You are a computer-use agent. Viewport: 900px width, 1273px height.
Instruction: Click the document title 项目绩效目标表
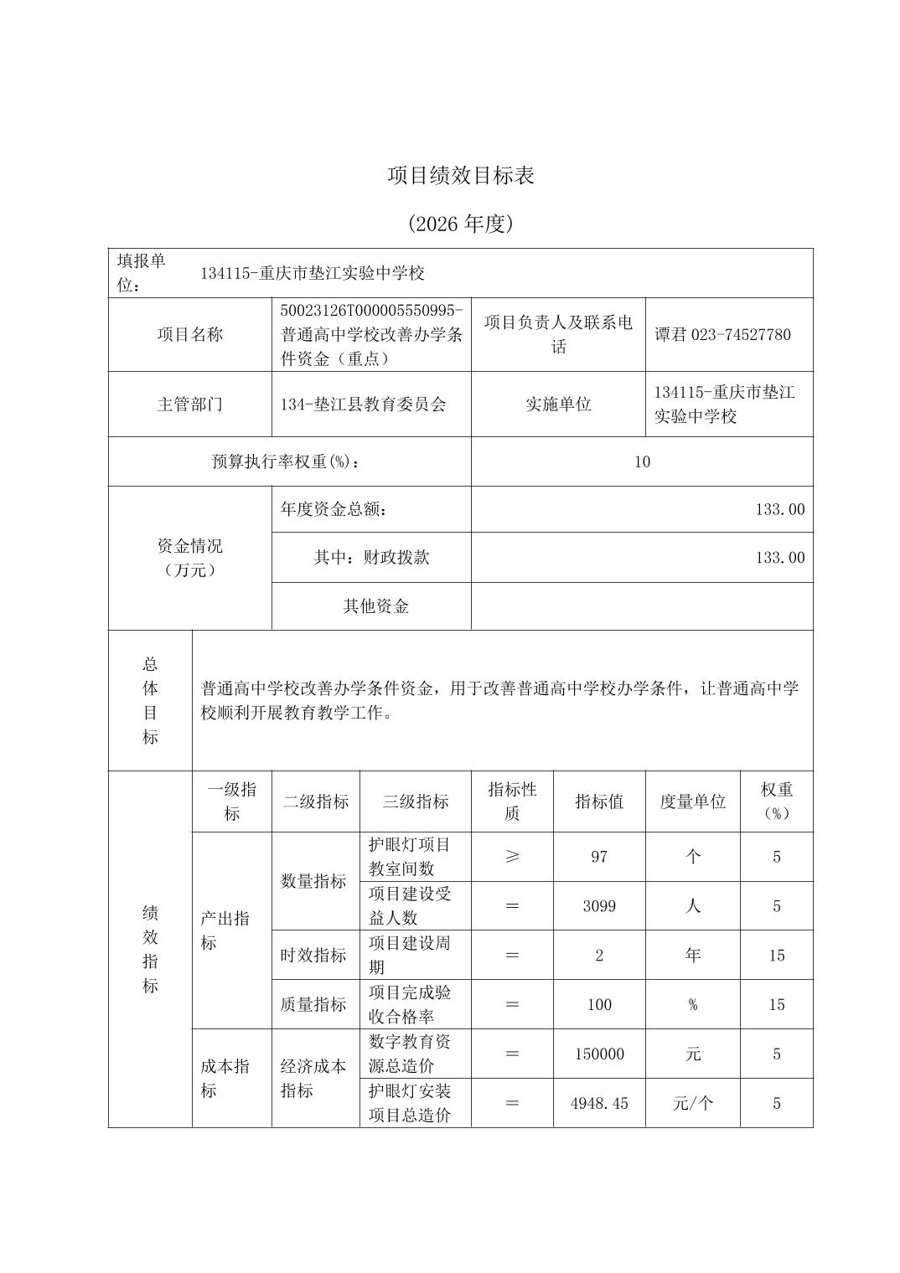click(460, 176)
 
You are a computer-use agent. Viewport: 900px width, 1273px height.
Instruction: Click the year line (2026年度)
click(460, 224)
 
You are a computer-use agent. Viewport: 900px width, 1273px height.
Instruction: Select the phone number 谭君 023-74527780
click(722, 335)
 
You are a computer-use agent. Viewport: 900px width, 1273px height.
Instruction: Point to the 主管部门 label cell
click(190, 405)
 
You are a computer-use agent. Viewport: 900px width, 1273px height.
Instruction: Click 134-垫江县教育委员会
click(364, 405)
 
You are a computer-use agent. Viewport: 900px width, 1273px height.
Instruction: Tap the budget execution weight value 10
click(642, 461)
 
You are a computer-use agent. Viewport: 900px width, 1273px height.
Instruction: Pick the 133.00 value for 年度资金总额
click(779, 509)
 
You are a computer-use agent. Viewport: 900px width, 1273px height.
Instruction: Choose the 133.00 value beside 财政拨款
click(779, 558)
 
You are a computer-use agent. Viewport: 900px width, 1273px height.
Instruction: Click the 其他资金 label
click(375, 606)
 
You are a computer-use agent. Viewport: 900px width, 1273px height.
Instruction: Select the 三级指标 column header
click(416, 801)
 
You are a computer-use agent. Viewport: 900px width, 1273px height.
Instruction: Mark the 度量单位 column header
click(692, 801)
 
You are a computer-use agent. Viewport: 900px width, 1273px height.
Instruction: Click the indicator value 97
click(598, 857)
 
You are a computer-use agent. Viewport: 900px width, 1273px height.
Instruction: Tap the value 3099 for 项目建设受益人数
click(598, 906)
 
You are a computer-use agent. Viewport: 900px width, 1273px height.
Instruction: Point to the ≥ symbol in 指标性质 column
click(512, 857)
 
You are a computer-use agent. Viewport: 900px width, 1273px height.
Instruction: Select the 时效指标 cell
click(313, 956)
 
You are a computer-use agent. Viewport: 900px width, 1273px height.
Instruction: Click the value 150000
click(598, 1054)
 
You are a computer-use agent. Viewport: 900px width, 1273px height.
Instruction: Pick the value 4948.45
click(598, 1103)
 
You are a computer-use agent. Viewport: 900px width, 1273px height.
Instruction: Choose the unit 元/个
click(692, 1103)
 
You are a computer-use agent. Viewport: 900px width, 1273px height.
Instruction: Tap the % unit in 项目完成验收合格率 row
click(692, 1005)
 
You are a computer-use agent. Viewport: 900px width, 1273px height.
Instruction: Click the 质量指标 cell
click(313, 1005)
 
